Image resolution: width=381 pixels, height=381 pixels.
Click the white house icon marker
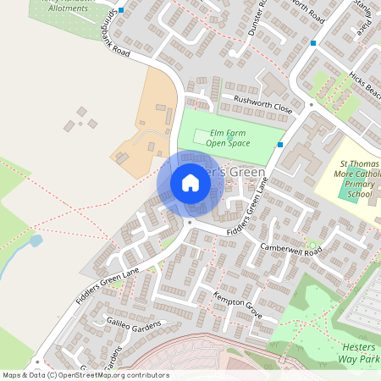click(190, 183)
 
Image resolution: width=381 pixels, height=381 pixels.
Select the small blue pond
click(35, 241)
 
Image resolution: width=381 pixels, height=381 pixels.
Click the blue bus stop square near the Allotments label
click(121, 10)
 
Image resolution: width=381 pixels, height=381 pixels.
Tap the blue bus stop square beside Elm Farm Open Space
click(279, 145)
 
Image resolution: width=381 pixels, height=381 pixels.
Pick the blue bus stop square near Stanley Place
click(313, 42)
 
